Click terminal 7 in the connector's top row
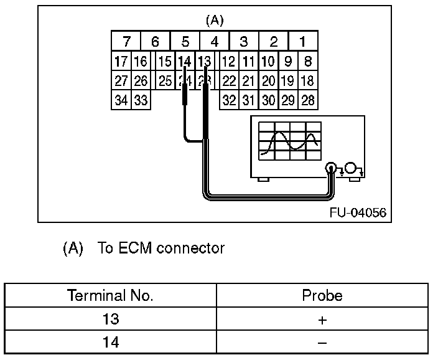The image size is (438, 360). (x=126, y=42)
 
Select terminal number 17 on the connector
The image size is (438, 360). (x=121, y=62)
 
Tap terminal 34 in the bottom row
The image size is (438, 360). (x=121, y=100)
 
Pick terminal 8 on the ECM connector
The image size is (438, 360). (x=308, y=62)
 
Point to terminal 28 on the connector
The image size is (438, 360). (x=308, y=100)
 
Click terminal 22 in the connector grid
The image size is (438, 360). (x=229, y=81)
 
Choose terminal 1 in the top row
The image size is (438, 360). (x=302, y=42)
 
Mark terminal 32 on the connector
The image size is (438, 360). (x=229, y=100)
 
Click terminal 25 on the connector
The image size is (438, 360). (x=165, y=81)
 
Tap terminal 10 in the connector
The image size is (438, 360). (x=268, y=62)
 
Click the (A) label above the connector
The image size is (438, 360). (x=214, y=20)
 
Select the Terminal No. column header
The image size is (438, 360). (x=110, y=295)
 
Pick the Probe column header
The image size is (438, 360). (x=322, y=295)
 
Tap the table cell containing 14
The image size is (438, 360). (x=110, y=342)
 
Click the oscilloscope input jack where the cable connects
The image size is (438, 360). (x=332, y=168)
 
